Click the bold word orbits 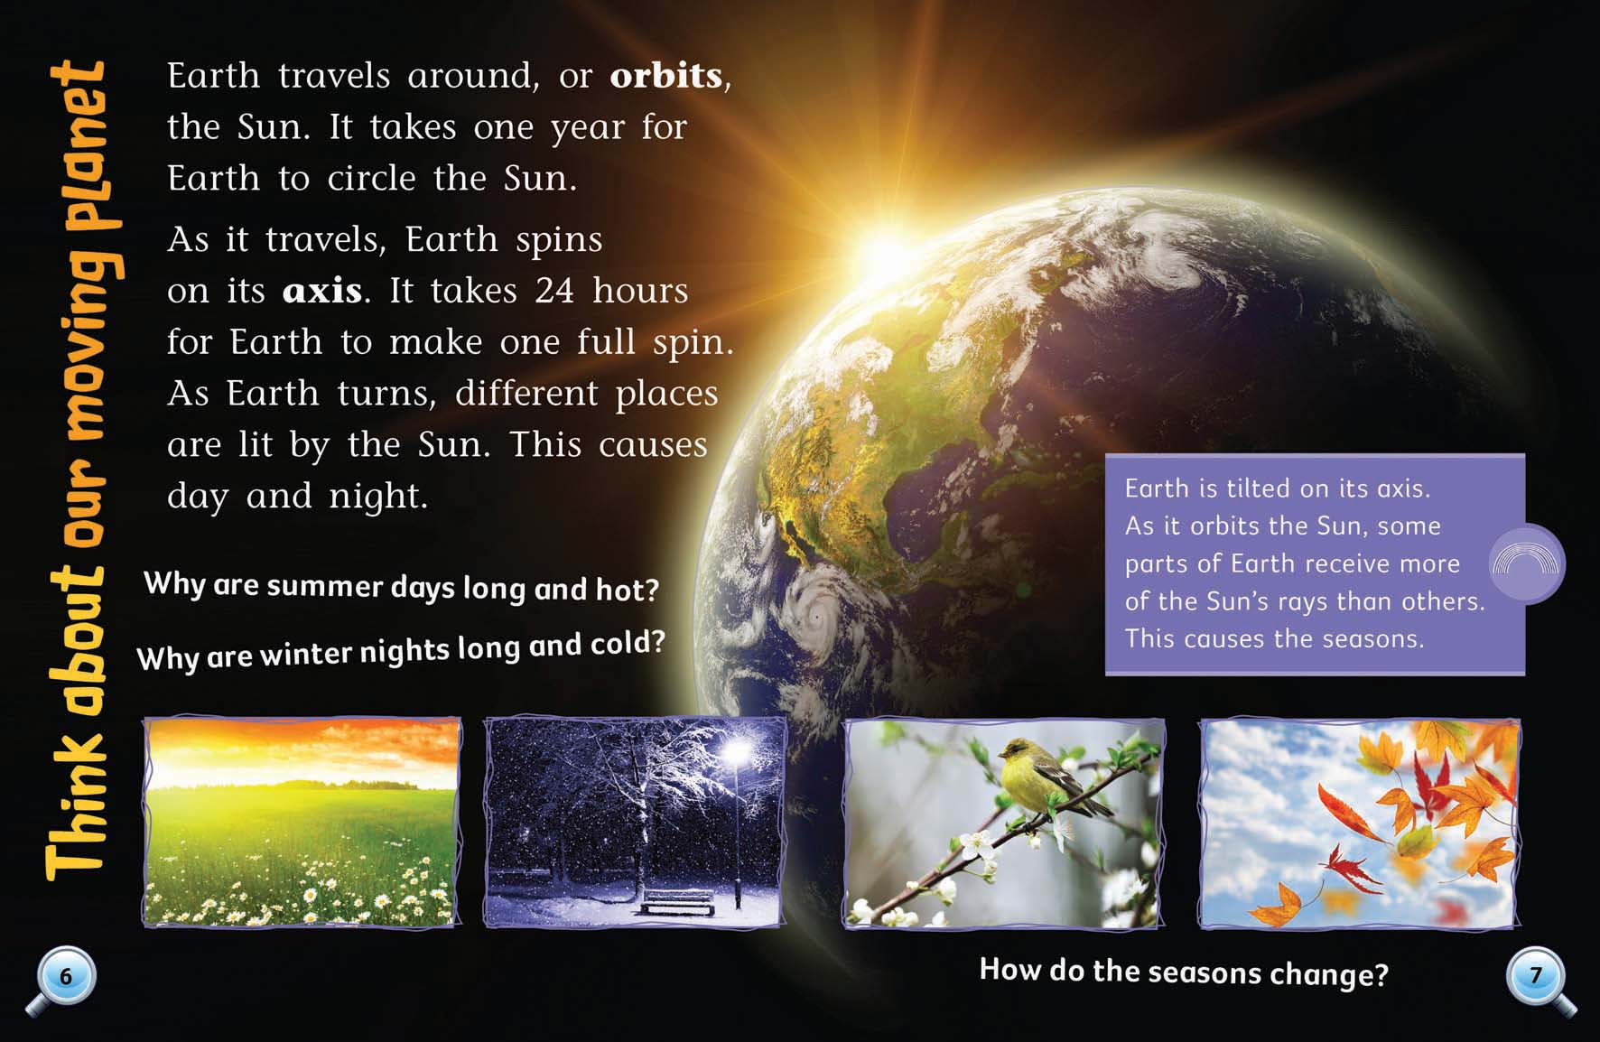click(x=666, y=75)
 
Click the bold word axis click(x=321, y=291)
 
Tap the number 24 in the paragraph click(x=553, y=290)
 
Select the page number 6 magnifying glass click(x=62, y=980)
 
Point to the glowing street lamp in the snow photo click(x=739, y=751)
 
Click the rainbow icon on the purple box click(x=1526, y=563)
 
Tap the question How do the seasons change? click(x=1184, y=972)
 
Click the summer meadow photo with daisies click(x=302, y=823)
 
